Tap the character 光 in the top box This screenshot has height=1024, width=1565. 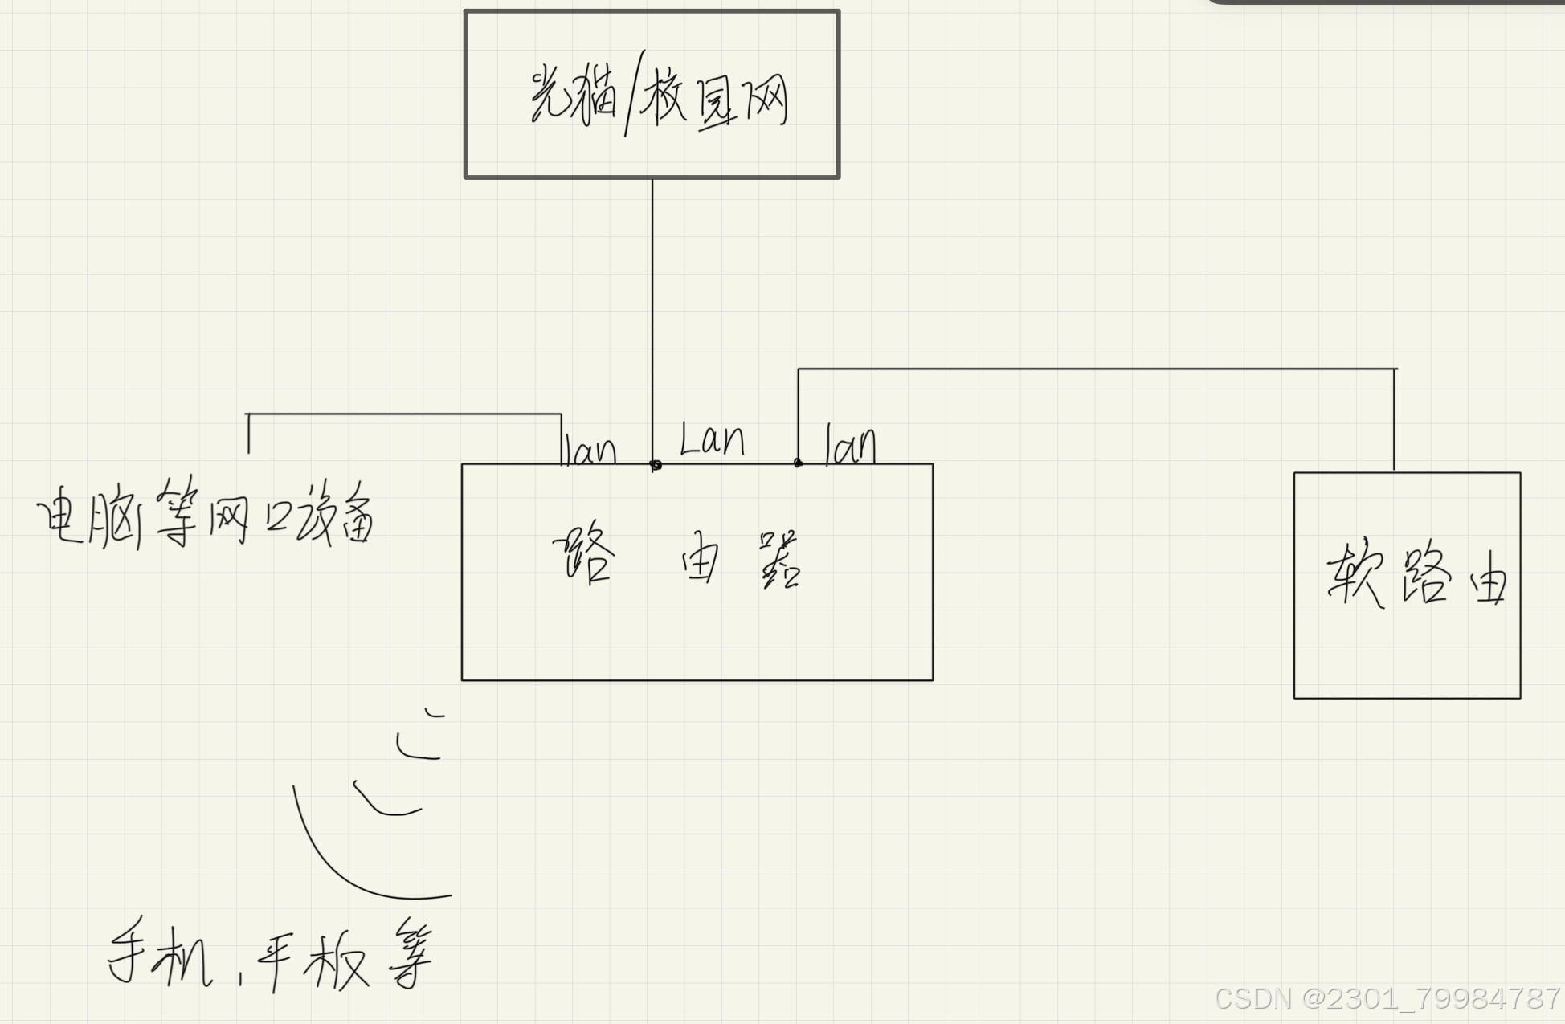(x=549, y=96)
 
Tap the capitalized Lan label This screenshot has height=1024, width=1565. (x=712, y=440)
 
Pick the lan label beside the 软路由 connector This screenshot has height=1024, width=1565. (x=850, y=445)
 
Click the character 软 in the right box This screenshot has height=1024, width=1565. (x=1355, y=575)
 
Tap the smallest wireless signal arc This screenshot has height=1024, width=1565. (x=434, y=712)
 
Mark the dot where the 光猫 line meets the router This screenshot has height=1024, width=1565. (x=656, y=465)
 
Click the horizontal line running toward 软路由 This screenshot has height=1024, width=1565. (x=1093, y=369)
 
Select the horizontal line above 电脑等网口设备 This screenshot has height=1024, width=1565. (x=402, y=414)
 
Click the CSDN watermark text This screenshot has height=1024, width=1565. (x=1387, y=998)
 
